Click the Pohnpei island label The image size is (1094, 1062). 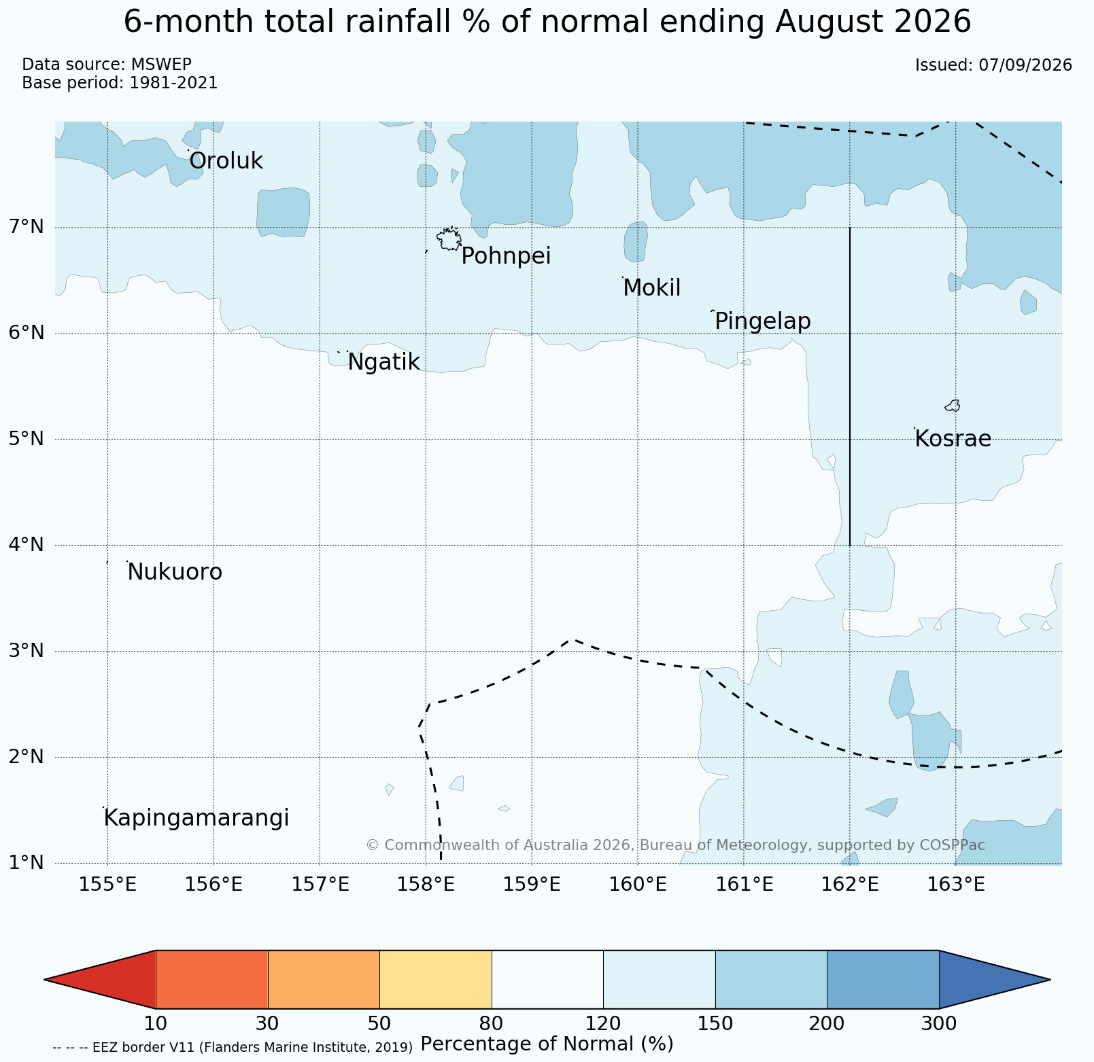(506, 257)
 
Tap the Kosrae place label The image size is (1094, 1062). (953, 439)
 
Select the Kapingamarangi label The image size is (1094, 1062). (196, 819)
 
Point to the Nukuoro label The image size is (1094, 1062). (175, 572)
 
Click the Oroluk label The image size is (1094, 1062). (226, 161)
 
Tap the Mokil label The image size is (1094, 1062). (651, 288)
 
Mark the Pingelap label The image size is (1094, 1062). (763, 321)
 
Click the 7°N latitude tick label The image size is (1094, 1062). (27, 226)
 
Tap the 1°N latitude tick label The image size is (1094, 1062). (27, 863)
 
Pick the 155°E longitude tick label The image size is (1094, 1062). (108, 885)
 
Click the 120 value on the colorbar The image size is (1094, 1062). (603, 1023)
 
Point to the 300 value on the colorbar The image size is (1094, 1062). (939, 1023)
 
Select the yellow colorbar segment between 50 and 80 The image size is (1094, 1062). (436, 979)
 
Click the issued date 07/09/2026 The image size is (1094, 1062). (1025, 65)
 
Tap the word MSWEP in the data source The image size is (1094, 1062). (161, 65)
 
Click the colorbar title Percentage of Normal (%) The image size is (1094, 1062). (547, 1044)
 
